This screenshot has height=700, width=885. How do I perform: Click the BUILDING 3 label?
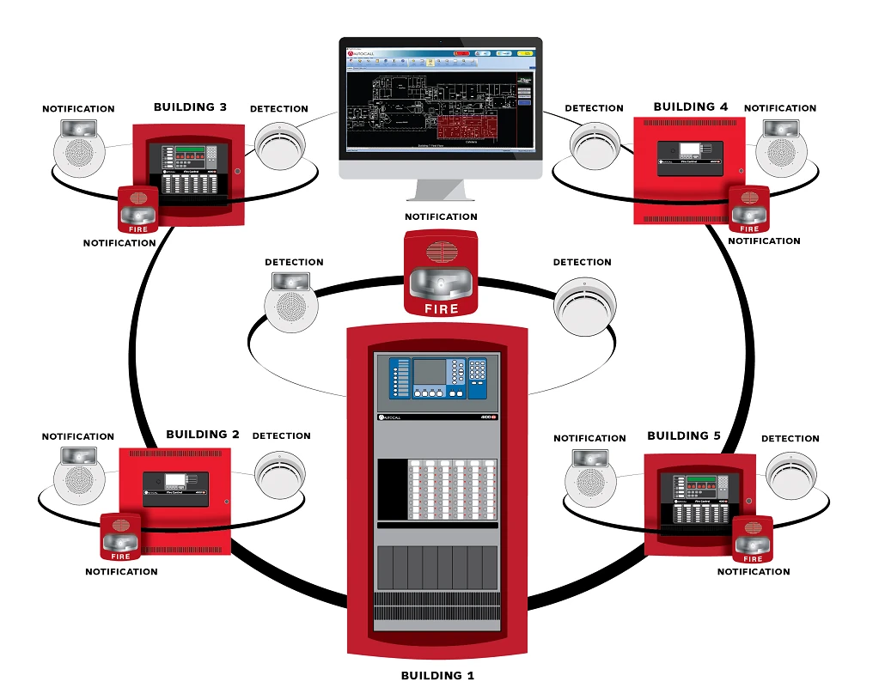pos(190,107)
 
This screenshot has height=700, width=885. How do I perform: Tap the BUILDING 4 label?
pos(690,107)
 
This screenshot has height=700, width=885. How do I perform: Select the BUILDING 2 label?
pos(202,435)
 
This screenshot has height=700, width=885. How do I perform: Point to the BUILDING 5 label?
pos(684,435)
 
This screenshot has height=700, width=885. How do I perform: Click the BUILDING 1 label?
pos(437,675)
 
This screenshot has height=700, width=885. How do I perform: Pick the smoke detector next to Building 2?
pos(279,473)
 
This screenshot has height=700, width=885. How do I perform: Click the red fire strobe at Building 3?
pos(137,210)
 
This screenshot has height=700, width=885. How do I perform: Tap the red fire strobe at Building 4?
pos(749,209)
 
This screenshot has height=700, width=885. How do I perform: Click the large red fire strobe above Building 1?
pos(441,272)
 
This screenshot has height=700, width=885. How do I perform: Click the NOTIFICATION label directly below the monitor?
pos(441,217)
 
